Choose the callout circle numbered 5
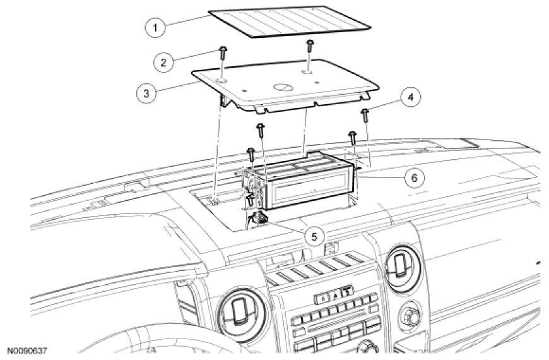coord(314,236)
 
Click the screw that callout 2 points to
coord(223,51)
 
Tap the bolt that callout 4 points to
coord(365,115)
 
